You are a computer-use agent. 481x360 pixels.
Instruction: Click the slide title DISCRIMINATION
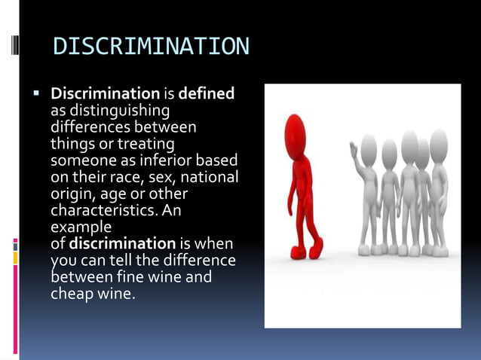click(151, 47)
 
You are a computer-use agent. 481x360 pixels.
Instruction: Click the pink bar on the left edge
click(15, 244)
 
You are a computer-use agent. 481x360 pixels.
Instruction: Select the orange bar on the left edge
click(15, 258)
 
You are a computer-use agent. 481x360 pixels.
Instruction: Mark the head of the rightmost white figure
click(439, 142)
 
